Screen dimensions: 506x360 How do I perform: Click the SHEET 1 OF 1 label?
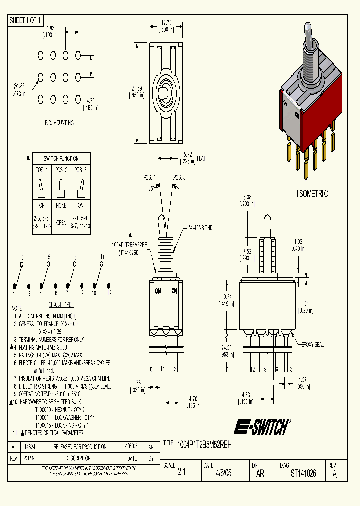pos(25,20)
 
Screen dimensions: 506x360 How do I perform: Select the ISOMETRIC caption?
pos(312,194)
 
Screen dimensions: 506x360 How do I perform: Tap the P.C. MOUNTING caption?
pos(59,123)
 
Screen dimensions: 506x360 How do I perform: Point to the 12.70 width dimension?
pos(167,23)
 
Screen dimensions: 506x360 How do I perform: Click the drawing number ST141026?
pos(303,474)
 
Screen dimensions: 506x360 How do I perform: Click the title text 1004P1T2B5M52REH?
pos(205,444)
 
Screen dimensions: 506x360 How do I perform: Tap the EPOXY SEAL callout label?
pos(312,344)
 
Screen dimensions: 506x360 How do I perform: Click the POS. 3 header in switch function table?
pos(81,170)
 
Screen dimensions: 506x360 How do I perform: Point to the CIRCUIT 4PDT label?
pos(61,303)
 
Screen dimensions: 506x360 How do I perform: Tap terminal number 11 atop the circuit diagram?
pos(102,257)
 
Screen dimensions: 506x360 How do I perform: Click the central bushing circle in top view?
pos(164,93)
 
